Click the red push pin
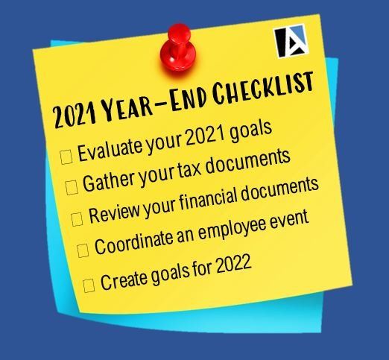(178, 48)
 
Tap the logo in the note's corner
(291, 41)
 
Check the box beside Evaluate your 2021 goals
(66, 157)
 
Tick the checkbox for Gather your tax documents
(72, 188)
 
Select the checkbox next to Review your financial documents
(77, 219)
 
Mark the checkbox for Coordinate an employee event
(83, 250)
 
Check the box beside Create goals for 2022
(89, 285)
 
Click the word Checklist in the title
(263, 89)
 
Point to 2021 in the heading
(75, 116)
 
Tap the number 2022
(234, 264)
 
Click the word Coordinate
(134, 242)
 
